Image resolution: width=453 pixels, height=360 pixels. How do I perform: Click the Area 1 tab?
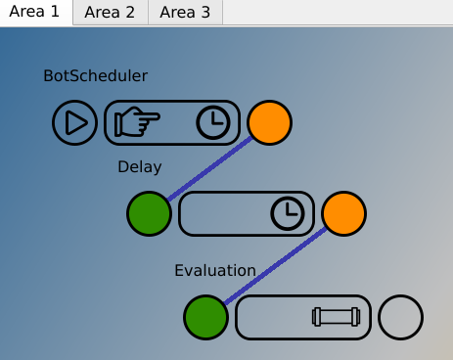click(x=35, y=13)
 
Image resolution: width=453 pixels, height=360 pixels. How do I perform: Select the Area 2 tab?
click(x=110, y=13)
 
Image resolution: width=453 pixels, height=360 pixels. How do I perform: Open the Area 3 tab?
click(x=185, y=13)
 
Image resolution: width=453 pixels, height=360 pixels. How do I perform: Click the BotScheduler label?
click(x=96, y=76)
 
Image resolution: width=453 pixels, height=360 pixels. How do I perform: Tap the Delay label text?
click(x=139, y=167)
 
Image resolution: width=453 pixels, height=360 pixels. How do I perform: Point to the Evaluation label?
click(x=215, y=271)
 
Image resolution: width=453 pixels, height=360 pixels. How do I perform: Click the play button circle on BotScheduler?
click(x=74, y=123)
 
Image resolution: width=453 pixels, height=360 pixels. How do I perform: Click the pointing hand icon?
click(x=137, y=123)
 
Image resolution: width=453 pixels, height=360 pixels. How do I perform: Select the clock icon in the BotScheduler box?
click(x=214, y=123)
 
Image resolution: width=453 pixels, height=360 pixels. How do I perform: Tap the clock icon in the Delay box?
click(x=287, y=213)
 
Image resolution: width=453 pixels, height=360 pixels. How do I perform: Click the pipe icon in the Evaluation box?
click(x=336, y=317)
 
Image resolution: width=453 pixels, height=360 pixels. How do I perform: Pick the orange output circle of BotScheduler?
click(x=269, y=123)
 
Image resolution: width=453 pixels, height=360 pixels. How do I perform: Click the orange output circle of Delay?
click(x=343, y=213)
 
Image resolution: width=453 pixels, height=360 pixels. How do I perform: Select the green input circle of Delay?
click(x=150, y=213)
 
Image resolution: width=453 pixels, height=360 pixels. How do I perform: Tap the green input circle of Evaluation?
click(x=206, y=317)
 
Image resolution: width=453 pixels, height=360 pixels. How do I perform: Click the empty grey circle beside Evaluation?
click(x=400, y=317)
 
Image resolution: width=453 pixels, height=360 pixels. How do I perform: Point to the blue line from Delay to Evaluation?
click(x=275, y=265)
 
